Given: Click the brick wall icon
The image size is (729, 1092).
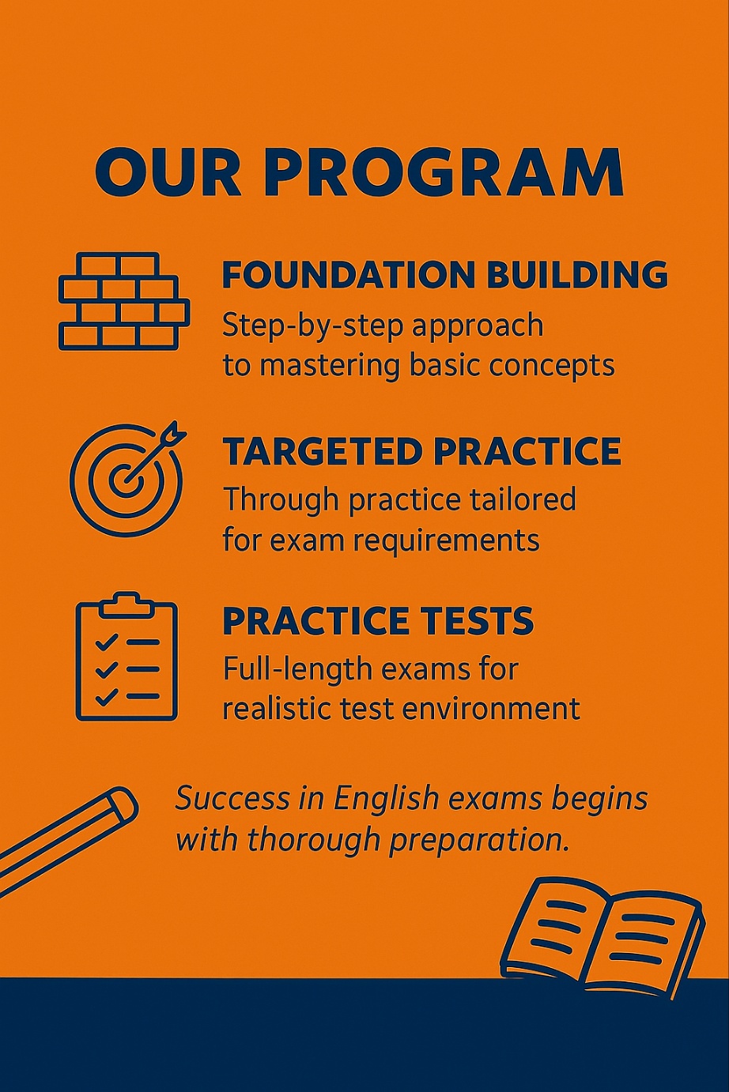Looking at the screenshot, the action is pyautogui.click(x=123, y=301).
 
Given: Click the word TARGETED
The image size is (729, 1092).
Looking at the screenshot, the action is pyautogui.click(x=323, y=452).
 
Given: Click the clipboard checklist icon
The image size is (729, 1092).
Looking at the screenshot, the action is pyautogui.click(x=127, y=656).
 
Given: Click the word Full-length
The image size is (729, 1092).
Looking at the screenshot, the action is pyautogui.click(x=297, y=668).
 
